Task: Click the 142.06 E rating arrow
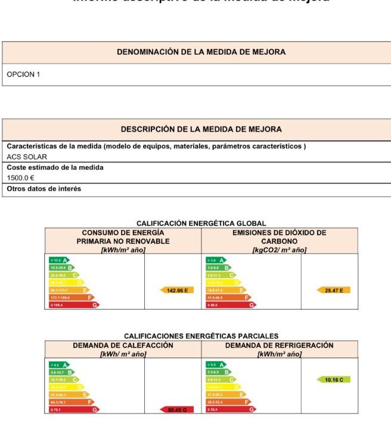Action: pyautogui.click(x=177, y=290)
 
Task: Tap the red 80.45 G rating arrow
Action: pyautogui.click(x=177, y=409)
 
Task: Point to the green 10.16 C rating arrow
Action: pyautogui.click(x=334, y=380)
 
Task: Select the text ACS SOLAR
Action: pyautogui.click(x=27, y=157)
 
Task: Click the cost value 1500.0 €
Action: pyautogui.click(x=21, y=178)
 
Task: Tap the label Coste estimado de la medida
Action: pyautogui.click(x=55, y=167)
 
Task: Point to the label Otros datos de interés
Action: pyautogui.click(x=44, y=189)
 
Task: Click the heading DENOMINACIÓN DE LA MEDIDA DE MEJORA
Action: pyautogui.click(x=201, y=52)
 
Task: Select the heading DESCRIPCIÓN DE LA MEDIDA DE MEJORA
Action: pyautogui.click(x=201, y=129)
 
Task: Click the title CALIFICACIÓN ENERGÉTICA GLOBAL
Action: pyautogui.click(x=201, y=223)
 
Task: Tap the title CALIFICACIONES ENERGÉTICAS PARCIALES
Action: pyautogui.click(x=201, y=336)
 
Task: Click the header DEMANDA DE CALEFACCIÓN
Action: pyautogui.click(x=123, y=346)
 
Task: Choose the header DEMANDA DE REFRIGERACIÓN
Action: pyautogui.click(x=279, y=346)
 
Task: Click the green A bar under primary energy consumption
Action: pyautogui.click(x=59, y=260)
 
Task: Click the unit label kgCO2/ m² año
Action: pyautogui.click(x=279, y=250)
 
